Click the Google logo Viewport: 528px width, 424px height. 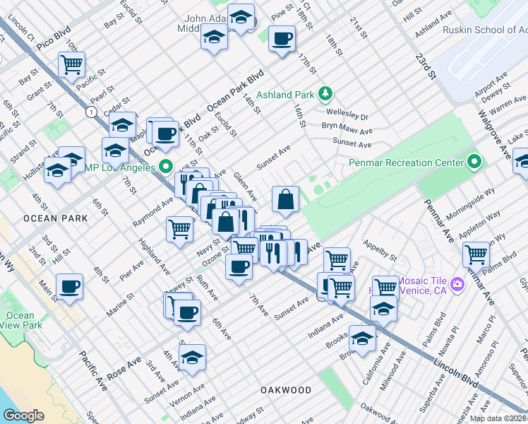(x=23, y=416)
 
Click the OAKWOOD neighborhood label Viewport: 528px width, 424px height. (x=286, y=390)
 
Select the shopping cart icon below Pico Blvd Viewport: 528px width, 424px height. (x=71, y=64)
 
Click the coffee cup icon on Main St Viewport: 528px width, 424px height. (x=69, y=287)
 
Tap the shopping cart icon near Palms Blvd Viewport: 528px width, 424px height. (x=476, y=253)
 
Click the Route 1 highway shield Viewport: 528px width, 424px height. (x=91, y=112)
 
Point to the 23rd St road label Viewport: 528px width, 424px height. (x=426, y=68)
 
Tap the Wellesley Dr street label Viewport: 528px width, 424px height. (x=347, y=114)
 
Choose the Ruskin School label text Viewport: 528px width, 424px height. (x=483, y=30)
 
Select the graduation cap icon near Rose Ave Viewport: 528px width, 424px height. (x=192, y=356)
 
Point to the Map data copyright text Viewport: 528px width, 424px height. (x=498, y=418)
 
